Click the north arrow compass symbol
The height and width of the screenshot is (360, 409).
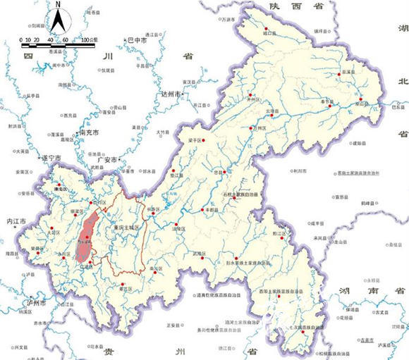coord(59,20)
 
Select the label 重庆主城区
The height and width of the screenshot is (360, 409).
coord(128,227)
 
